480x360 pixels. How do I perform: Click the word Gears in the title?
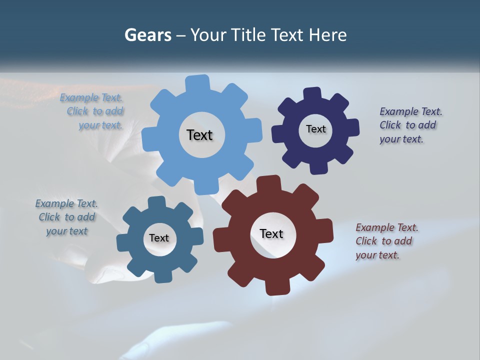[x=147, y=35]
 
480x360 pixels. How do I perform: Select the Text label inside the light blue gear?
[x=199, y=135]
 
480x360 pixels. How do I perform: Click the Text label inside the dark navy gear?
[x=315, y=129]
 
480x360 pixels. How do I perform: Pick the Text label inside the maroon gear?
[x=271, y=233]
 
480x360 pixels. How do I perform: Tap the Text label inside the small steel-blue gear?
[x=159, y=238]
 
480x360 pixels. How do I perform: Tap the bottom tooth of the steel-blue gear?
[x=163, y=276]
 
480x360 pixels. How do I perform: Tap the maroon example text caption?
[x=386, y=241]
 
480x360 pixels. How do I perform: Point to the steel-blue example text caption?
[x=66, y=217]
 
